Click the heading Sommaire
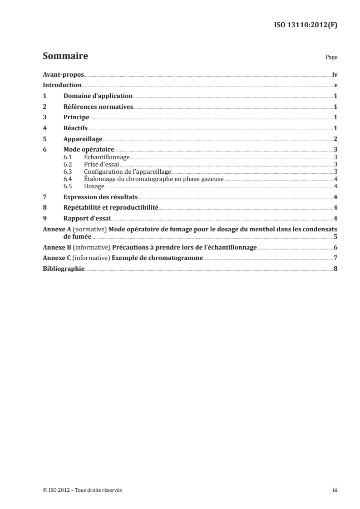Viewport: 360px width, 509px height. tap(65, 57)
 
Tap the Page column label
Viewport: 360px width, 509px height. tap(331, 58)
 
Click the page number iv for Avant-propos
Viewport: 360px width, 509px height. tap(334, 75)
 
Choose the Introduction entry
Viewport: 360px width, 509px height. tap(62, 85)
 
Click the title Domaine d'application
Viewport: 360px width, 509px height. tap(98, 96)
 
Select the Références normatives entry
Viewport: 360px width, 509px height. tap(98, 107)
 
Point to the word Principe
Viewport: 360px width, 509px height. tap(76, 117)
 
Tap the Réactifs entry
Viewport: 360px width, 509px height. tap(75, 128)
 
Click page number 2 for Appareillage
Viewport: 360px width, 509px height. tap(335, 139)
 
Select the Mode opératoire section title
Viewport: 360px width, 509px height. tap(89, 149)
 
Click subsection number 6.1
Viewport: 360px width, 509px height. tap(68, 157)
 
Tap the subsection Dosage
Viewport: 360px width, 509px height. tap(94, 186)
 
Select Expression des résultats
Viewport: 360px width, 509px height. tap(100, 197)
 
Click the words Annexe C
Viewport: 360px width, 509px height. tap(56, 258)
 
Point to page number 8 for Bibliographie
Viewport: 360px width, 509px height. tap(335, 269)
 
